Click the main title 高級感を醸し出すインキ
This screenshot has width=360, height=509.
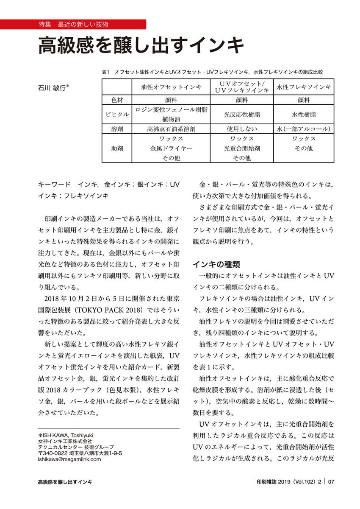click(x=141, y=46)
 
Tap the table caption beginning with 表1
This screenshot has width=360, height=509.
click(x=212, y=72)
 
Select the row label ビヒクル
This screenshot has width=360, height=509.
click(x=116, y=115)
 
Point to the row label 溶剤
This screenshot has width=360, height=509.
click(x=116, y=129)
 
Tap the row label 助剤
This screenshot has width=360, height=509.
click(x=116, y=148)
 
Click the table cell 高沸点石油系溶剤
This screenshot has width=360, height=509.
click(x=171, y=129)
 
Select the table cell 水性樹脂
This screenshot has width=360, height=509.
click(x=304, y=115)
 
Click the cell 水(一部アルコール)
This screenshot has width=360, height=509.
click(x=304, y=129)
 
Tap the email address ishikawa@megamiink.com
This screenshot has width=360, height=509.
click(x=69, y=459)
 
